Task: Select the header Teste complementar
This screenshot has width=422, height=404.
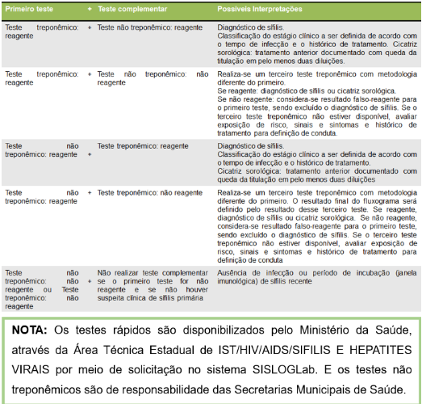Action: (x=132, y=9)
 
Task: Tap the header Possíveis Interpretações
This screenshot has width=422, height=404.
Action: (x=261, y=9)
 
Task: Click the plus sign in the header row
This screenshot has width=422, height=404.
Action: (x=90, y=9)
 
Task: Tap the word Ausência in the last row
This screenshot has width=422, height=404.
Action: (x=232, y=273)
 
